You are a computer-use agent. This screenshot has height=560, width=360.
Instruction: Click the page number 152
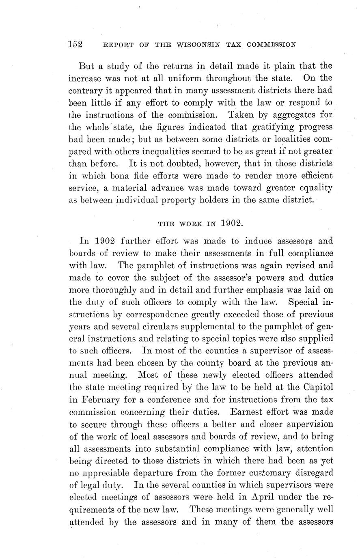76,44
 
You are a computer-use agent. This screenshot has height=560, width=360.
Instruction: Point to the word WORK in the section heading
185,224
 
